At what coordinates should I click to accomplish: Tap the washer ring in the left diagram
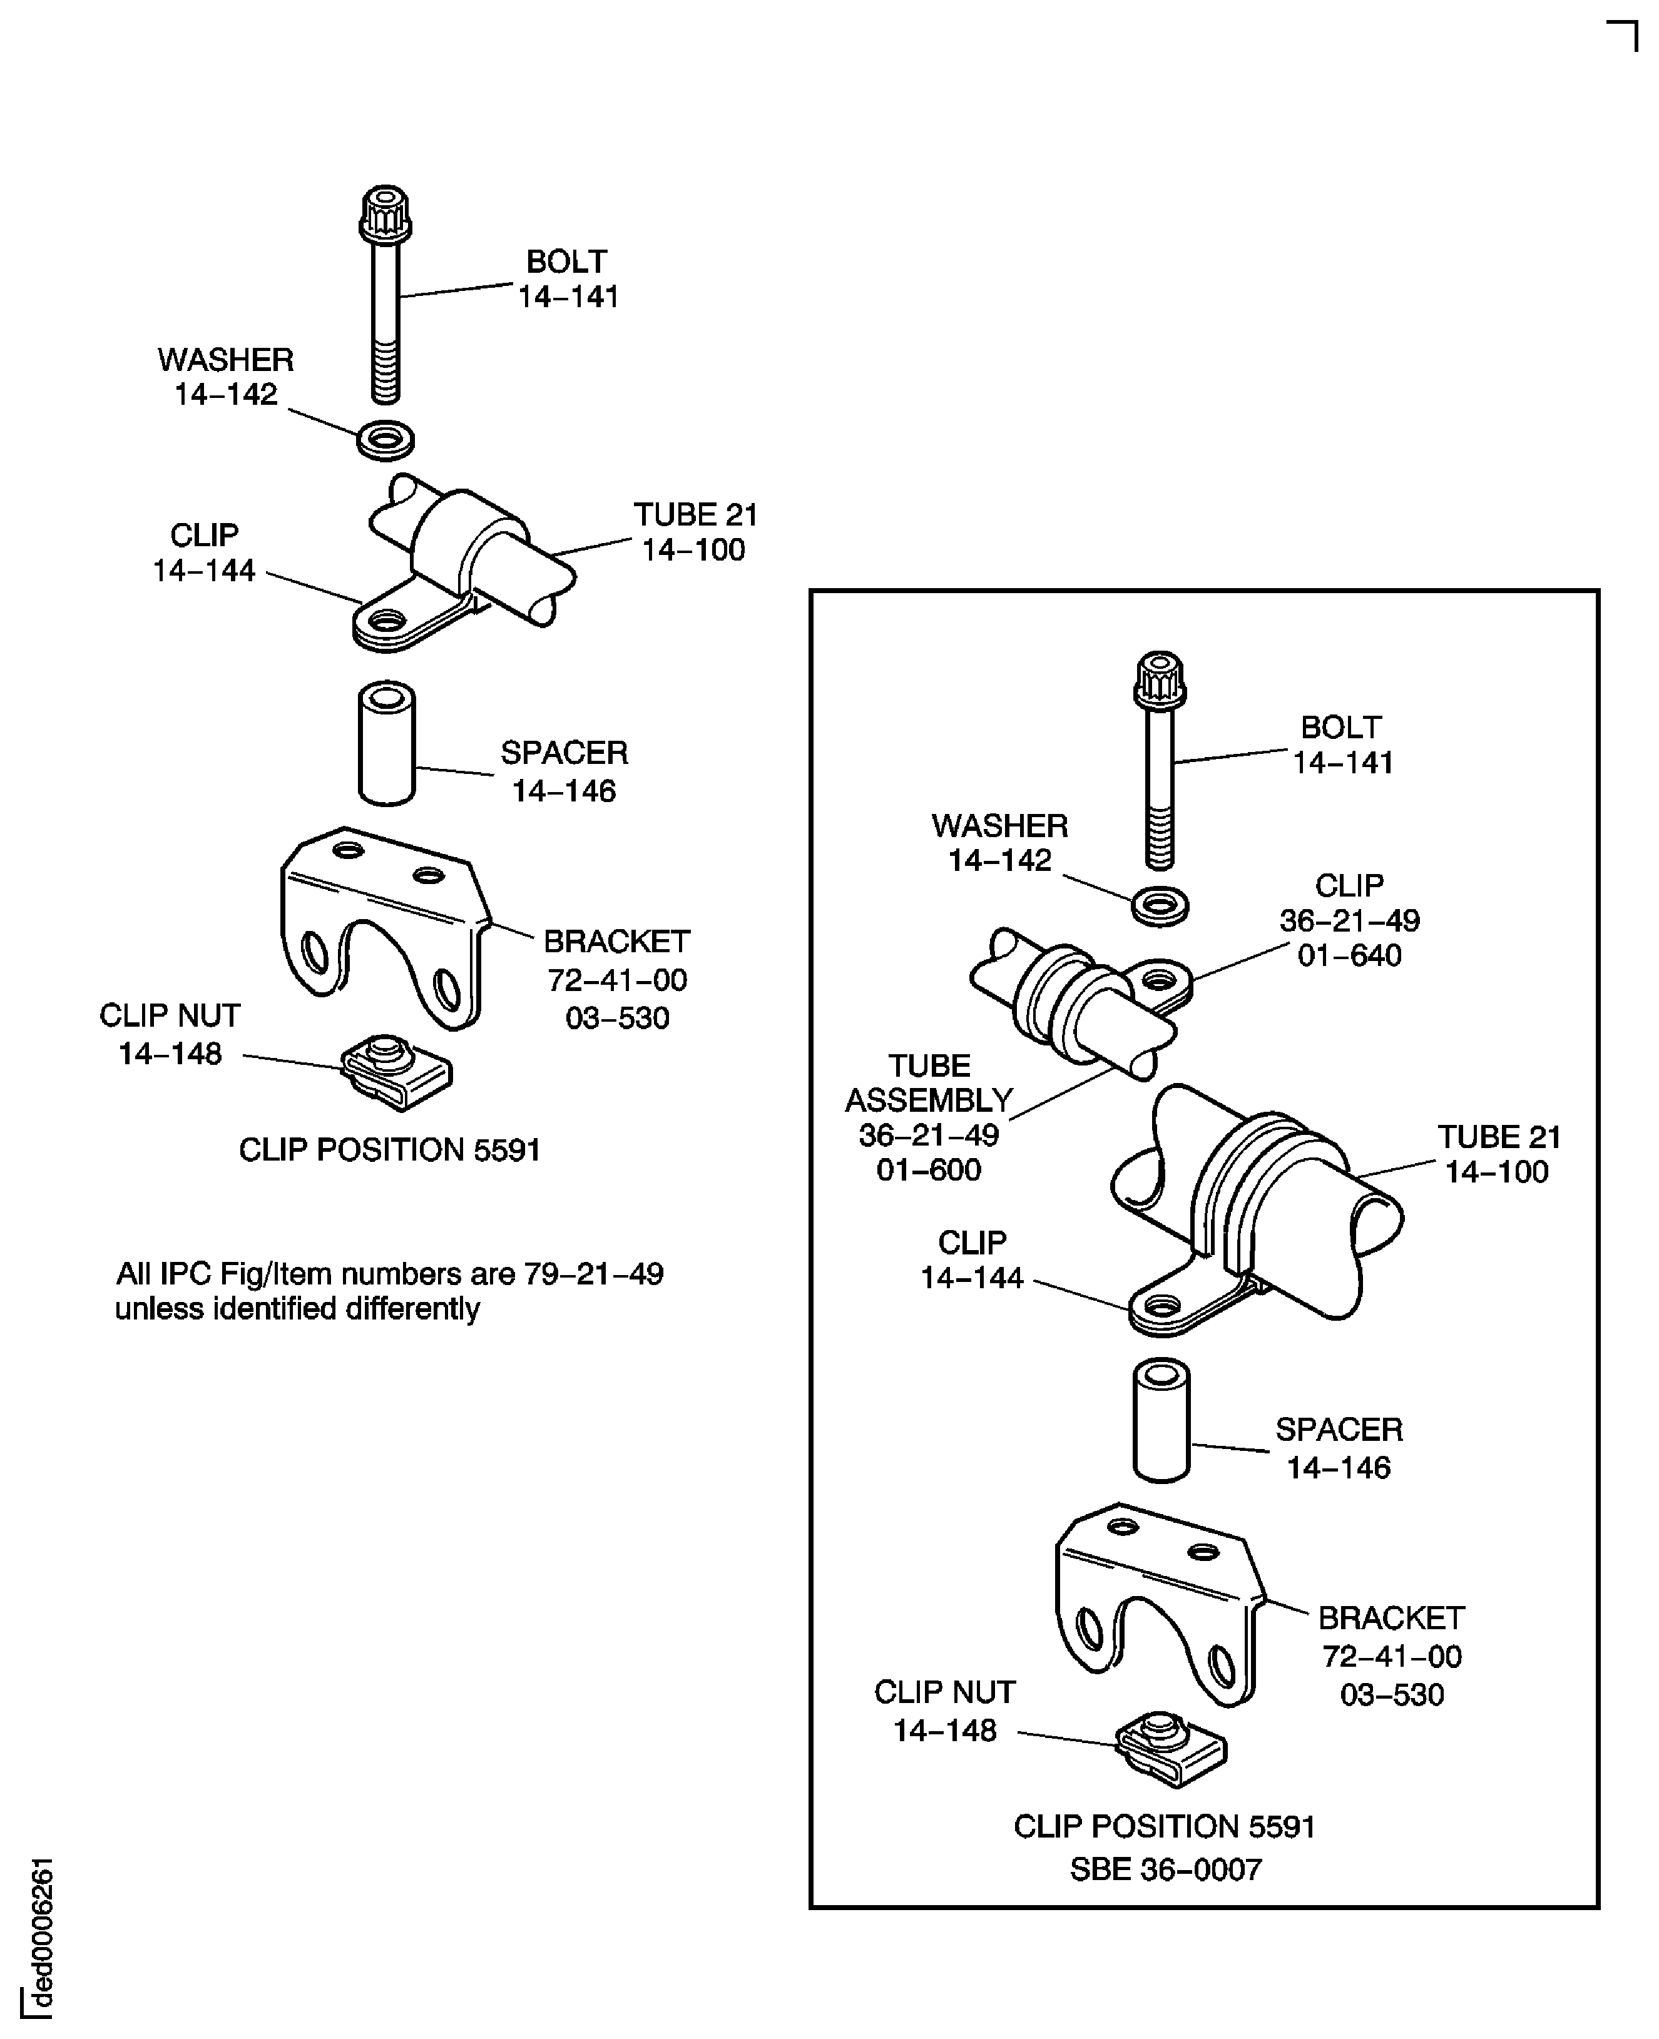point(385,440)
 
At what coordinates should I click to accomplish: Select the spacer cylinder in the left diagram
point(386,743)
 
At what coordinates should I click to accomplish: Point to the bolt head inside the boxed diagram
point(1160,680)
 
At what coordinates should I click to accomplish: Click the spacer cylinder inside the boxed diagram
point(1161,1421)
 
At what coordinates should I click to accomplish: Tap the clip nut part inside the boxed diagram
point(1172,1749)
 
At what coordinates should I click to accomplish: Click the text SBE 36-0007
point(1165,1869)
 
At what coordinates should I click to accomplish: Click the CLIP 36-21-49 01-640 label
point(1349,920)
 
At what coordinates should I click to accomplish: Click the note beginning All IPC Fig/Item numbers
point(389,1291)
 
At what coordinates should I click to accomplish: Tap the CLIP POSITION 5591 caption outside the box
point(389,1149)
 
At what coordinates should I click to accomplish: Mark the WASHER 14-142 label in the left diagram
point(225,377)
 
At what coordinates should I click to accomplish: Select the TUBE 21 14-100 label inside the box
point(1498,1154)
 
